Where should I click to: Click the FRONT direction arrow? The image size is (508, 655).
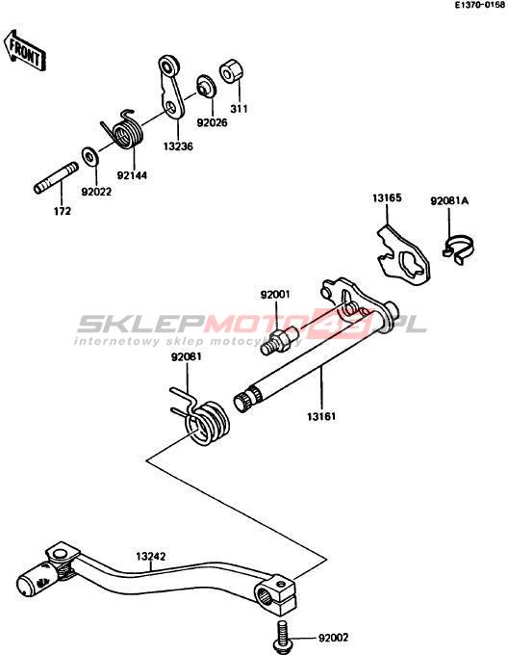25,50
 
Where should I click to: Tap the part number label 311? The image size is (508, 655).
239,109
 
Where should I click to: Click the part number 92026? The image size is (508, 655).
213,123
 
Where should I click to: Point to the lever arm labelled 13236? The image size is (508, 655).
172,86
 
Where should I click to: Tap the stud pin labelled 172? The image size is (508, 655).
56,178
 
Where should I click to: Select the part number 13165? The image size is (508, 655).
387,198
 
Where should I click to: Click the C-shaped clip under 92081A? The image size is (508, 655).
458,249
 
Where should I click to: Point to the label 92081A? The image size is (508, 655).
449,201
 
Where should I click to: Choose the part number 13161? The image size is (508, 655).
321,416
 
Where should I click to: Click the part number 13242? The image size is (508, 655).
150,557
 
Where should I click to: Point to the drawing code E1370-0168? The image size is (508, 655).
480,5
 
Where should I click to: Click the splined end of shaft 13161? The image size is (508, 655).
246,399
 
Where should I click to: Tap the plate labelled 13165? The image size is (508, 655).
403,254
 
